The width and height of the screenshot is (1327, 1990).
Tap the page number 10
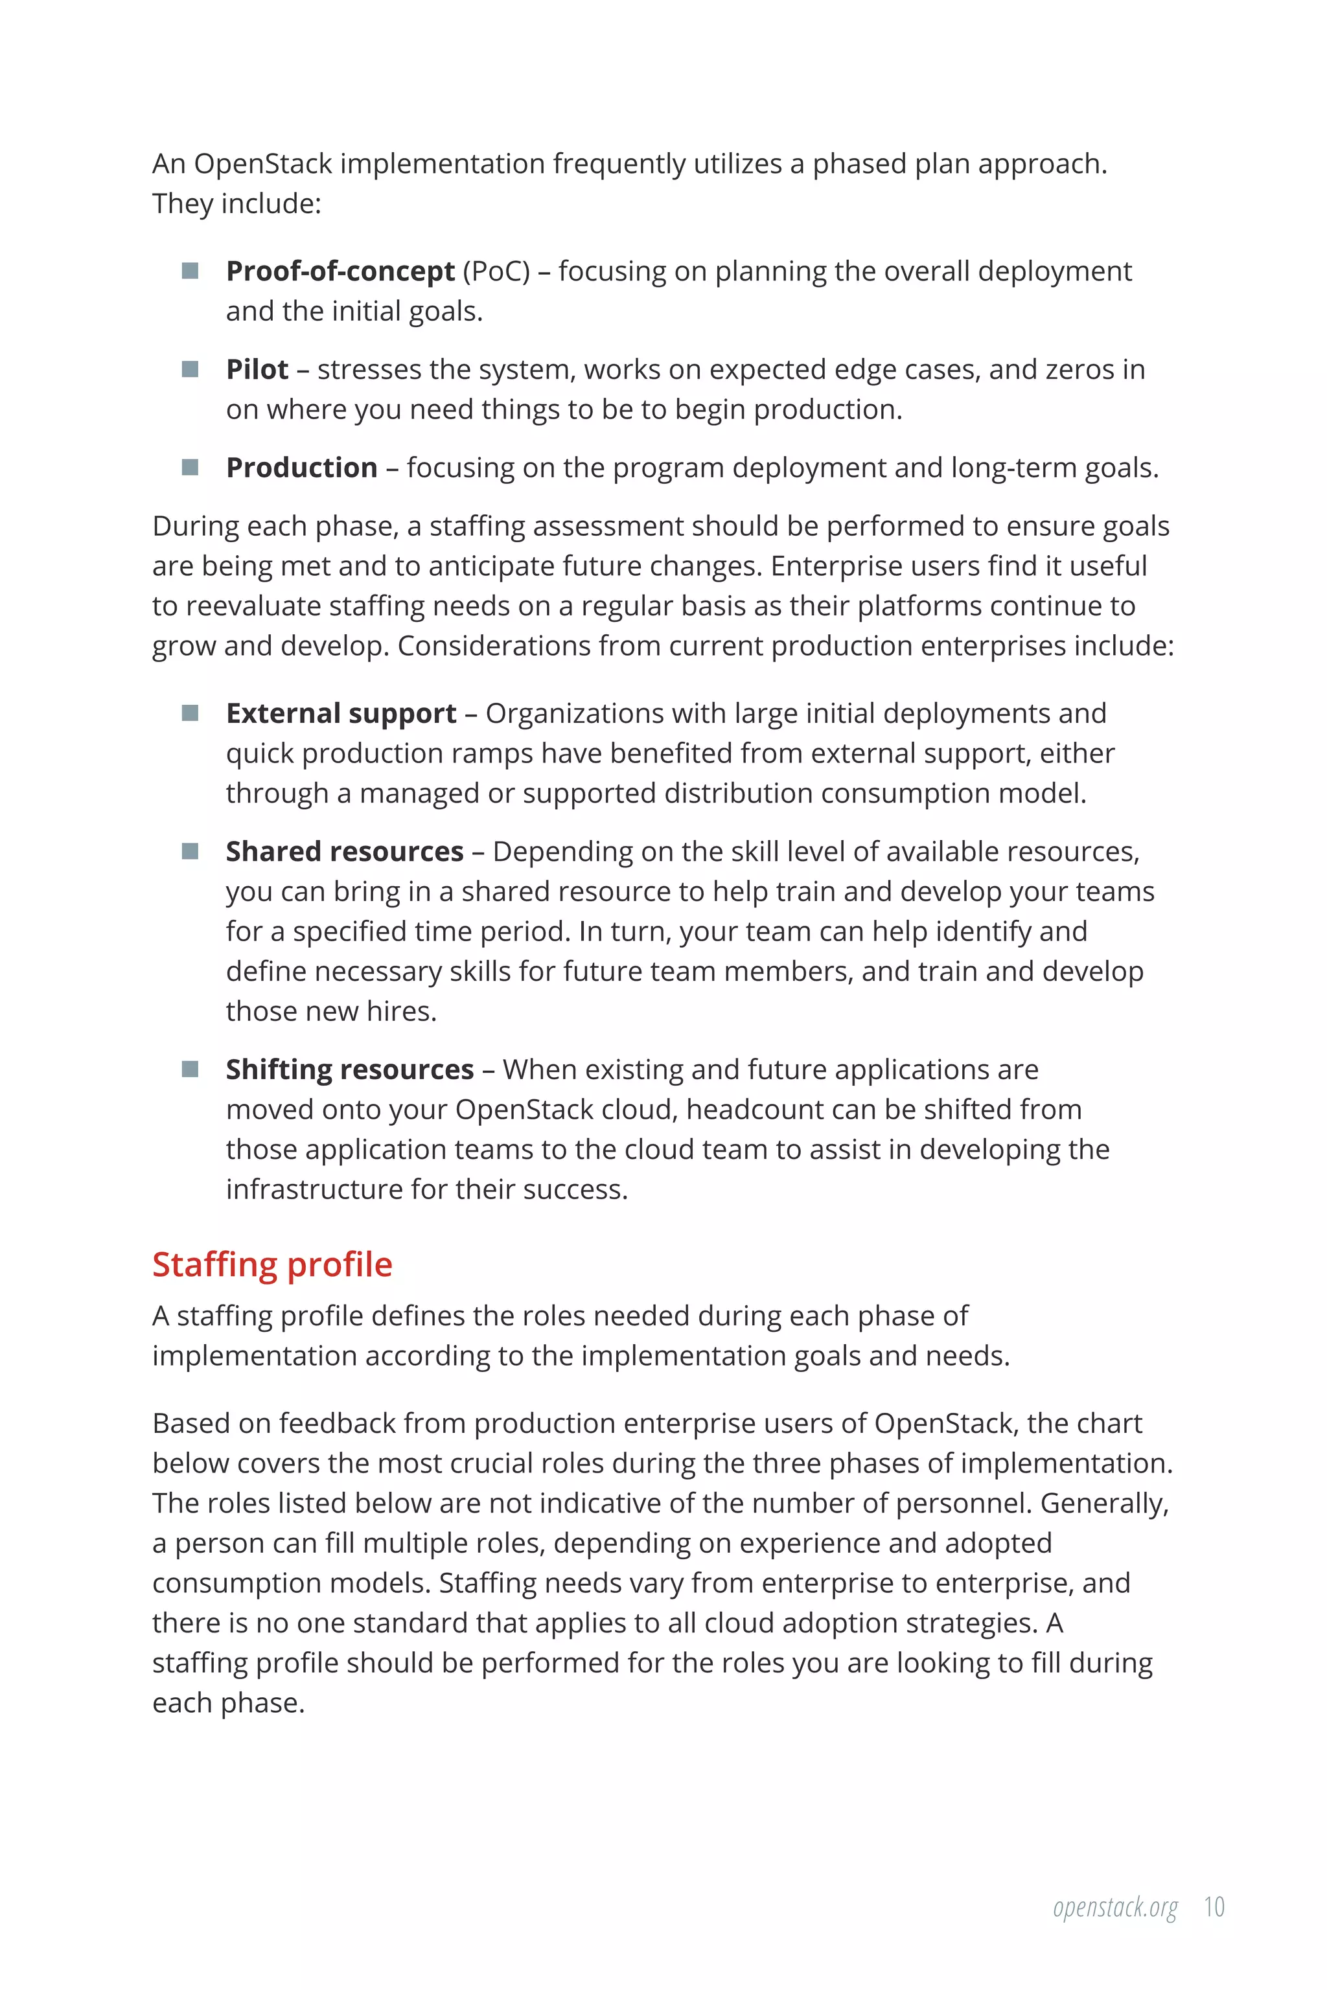1214,1906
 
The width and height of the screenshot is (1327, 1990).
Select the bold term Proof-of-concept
340,271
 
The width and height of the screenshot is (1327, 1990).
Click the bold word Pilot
257,370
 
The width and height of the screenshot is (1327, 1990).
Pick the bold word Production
301,468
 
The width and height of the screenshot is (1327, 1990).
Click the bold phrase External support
341,713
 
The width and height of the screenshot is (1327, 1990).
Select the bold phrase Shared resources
345,851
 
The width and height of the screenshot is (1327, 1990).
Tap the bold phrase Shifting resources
349,1069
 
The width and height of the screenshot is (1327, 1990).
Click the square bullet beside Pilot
190,369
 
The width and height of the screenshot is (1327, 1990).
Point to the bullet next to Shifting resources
190,1069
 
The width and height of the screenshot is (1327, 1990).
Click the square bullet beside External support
190,713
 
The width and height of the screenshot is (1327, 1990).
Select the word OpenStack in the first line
262,163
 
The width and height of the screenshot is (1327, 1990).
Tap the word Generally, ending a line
1103,1504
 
